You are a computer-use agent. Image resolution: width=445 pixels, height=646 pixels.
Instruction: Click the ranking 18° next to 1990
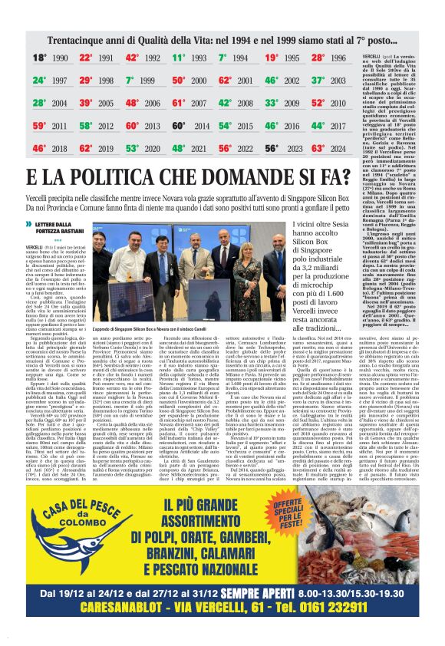pos(40,58)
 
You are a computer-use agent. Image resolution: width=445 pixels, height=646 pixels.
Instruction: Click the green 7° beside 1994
pos(222,58)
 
